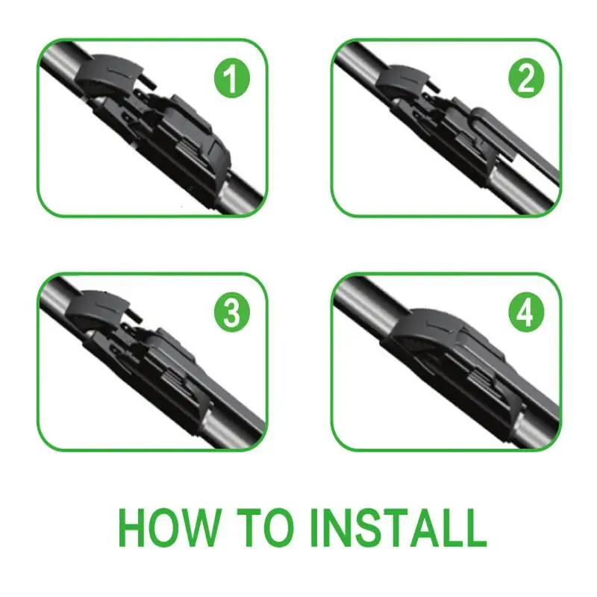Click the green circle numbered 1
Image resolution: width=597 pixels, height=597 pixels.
tap(232, 80)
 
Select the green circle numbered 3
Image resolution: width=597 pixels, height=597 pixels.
tap(232, 313)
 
